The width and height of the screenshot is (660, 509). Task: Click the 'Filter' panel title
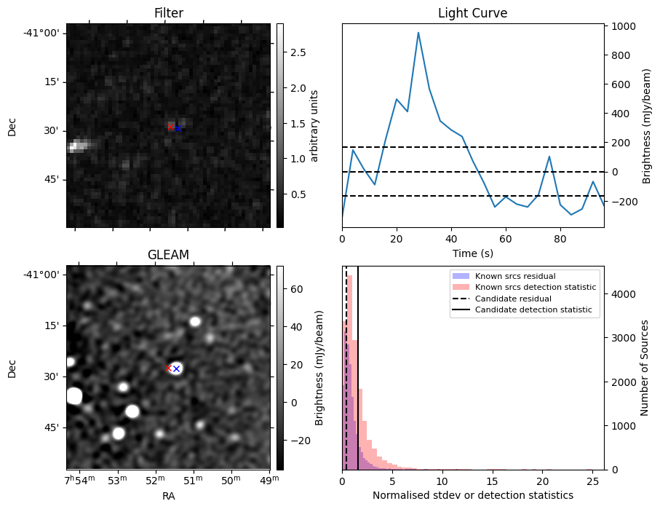[168, 13]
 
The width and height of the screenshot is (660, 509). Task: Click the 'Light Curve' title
[472, 13]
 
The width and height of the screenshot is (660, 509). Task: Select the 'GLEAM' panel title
[168, 255]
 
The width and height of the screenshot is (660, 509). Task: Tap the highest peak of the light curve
[418, 33]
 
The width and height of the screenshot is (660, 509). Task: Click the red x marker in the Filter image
[171, 127]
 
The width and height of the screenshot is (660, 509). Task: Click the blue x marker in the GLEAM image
[176, 369]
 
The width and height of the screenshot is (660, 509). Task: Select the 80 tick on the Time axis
[560, 238]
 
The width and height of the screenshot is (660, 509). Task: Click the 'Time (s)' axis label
[472, 252]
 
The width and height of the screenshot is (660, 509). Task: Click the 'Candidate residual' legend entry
[513, 299]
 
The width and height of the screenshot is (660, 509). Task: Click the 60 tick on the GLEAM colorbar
[288, 289]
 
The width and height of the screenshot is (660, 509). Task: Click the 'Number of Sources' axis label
[645, 367]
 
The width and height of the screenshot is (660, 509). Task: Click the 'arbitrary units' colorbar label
[315, 125]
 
